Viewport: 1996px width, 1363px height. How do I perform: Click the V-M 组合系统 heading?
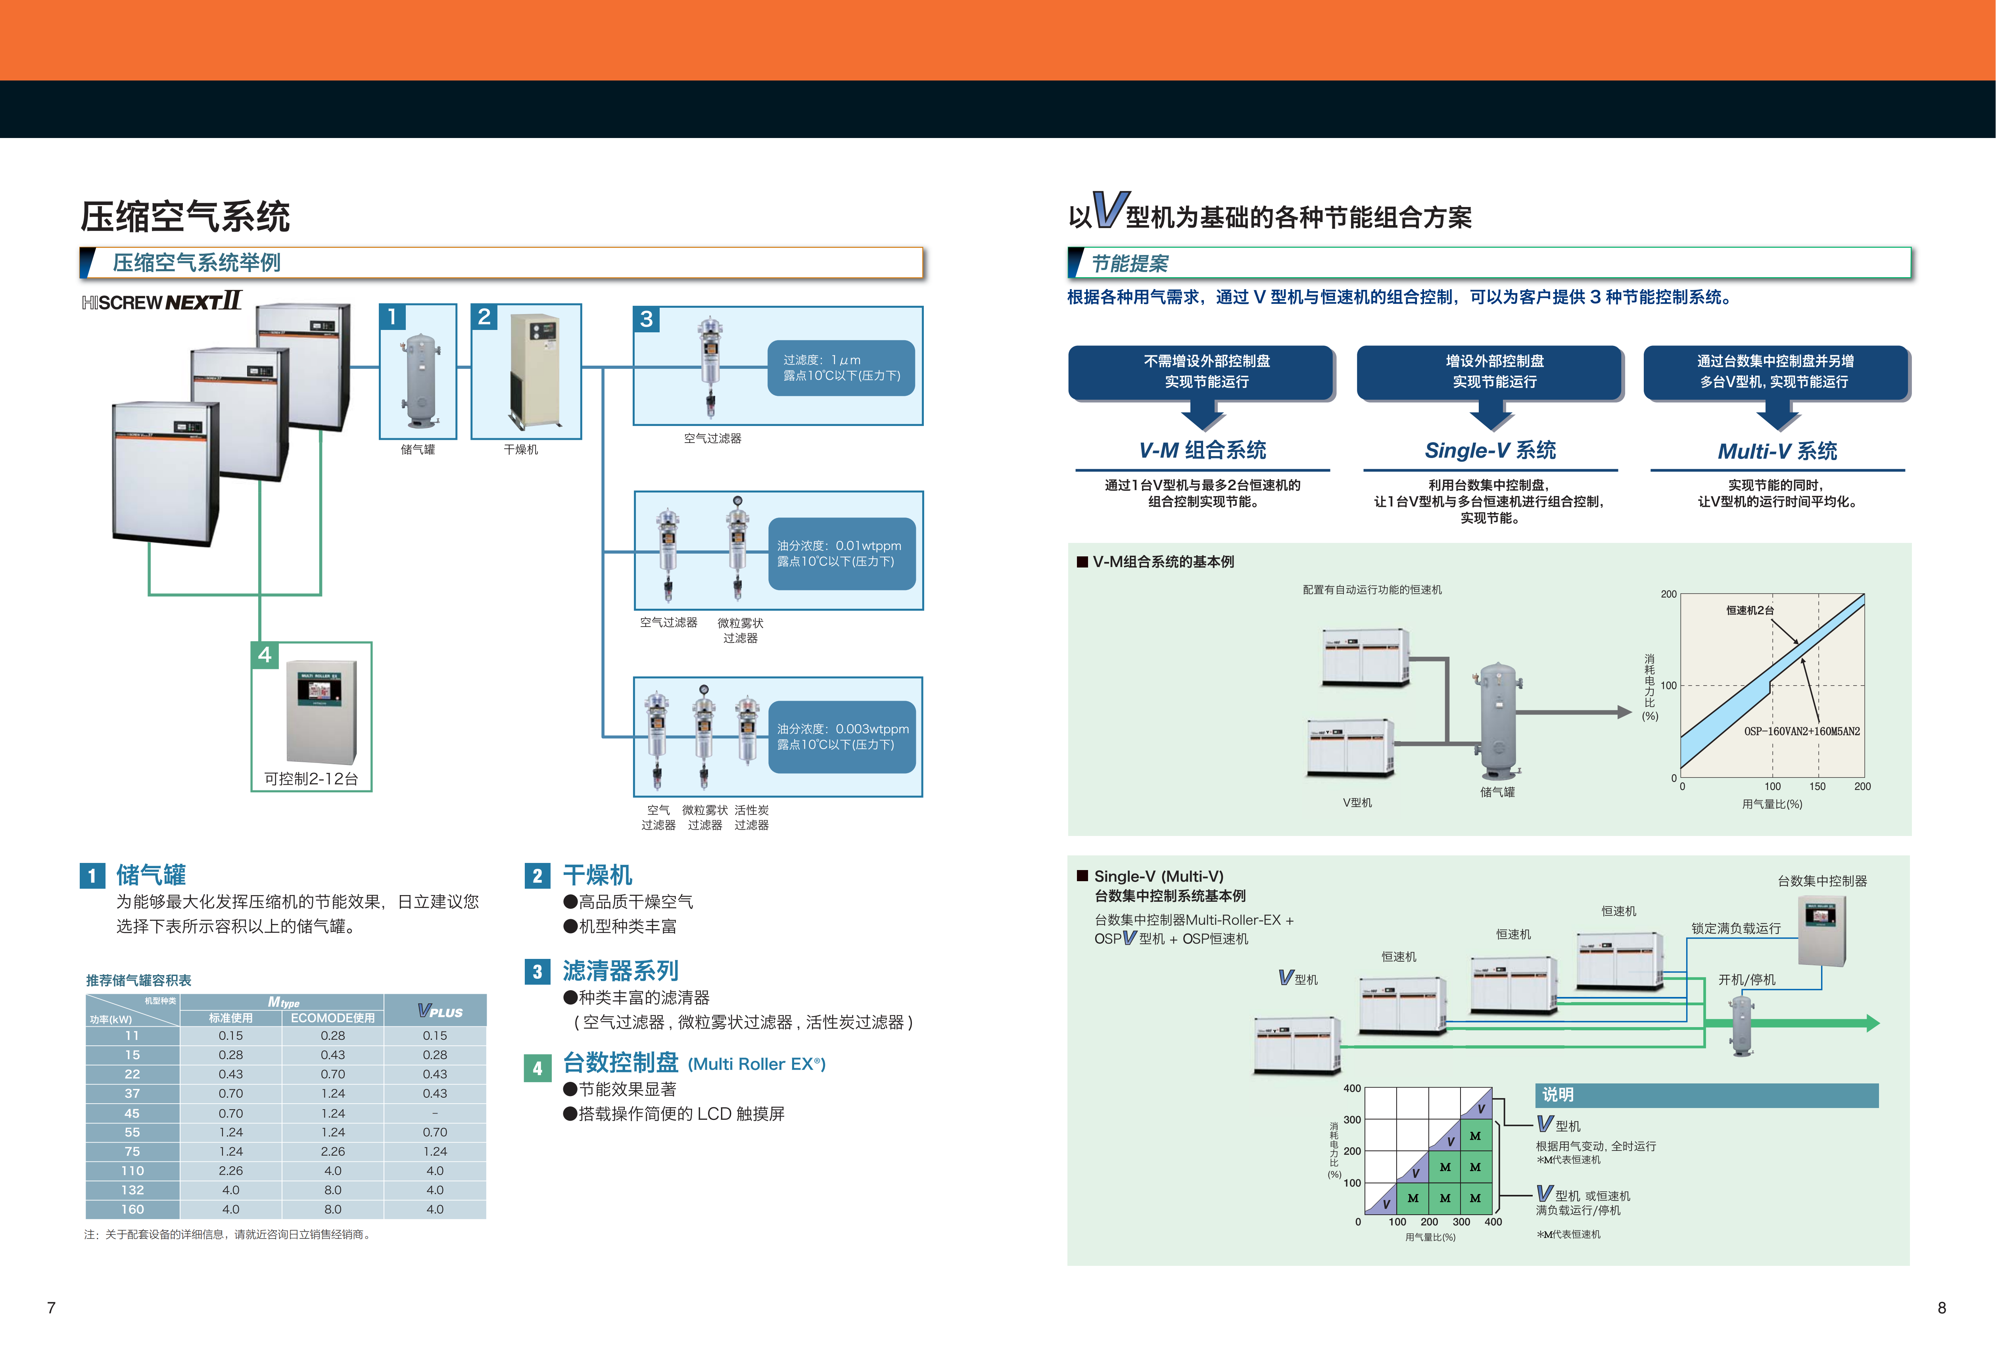coord(1202,450)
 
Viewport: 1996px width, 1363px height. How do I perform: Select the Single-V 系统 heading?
coord(1490,450)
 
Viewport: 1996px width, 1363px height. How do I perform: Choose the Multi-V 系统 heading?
coord(1777,451)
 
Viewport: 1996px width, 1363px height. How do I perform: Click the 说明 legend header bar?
coord(1706,1095)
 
